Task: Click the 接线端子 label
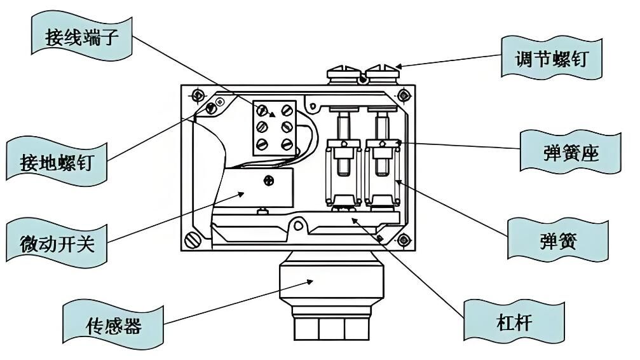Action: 81,37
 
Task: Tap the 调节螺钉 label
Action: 552,59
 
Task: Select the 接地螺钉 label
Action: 57,162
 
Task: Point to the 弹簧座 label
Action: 571,153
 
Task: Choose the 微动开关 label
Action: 57,244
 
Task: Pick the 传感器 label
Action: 114,326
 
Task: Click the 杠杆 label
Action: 514,322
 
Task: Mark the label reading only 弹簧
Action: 558,240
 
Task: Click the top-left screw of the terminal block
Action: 262,110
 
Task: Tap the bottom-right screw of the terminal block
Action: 287,144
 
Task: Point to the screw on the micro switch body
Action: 269,180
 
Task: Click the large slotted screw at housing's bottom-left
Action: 193,240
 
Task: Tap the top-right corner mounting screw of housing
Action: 404,96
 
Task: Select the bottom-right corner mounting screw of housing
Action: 404,240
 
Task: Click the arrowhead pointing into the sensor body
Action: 310,281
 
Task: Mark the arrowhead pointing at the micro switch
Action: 241,194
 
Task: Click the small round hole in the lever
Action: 299,225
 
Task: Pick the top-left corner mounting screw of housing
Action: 198,95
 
